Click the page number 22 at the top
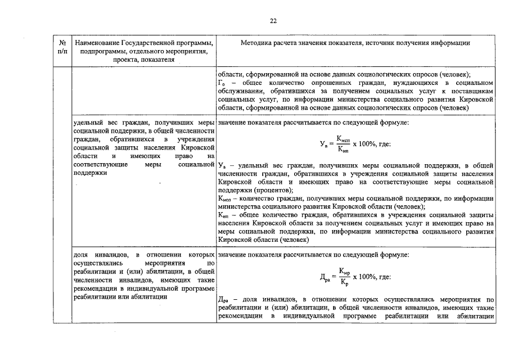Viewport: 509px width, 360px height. [x=273, y=21]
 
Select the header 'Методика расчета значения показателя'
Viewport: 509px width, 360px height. [x=355, y=43]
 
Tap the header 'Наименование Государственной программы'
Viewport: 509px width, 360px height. [x=144, y=43]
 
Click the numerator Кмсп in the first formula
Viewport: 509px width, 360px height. [x=343, y=139]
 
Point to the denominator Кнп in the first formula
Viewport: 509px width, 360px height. [x=343, y=149]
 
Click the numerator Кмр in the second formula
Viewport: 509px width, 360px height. [x=345, y=272]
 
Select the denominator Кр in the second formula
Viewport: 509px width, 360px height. [x=344, y=282]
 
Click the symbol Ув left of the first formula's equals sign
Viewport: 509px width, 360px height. [x=323, y=145]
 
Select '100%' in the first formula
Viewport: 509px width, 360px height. [x=370, y=144]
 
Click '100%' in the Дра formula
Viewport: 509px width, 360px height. [x=370, y=277]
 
